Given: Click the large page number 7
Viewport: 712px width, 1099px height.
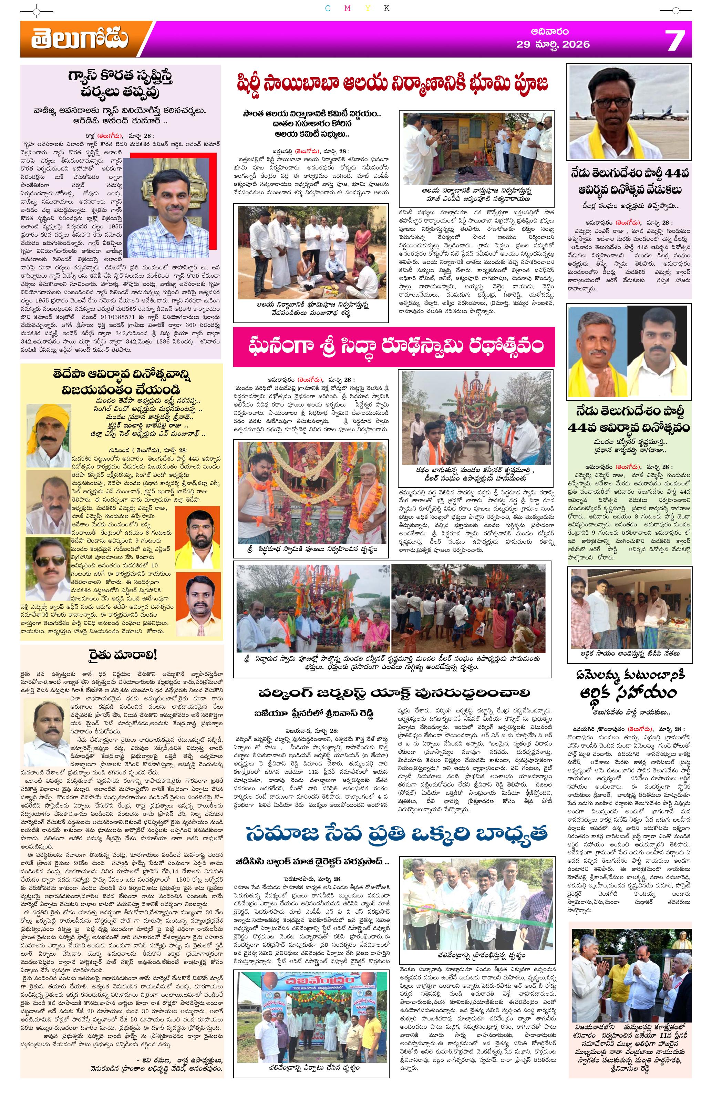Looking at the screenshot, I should pos(674,40).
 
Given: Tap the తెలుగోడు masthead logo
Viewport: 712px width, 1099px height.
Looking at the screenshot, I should pos(80,39).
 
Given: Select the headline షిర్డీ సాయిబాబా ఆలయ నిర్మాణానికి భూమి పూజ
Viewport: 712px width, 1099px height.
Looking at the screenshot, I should pos(393,84).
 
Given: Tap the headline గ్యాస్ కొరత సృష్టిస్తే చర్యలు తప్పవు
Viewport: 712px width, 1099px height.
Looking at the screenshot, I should pos(121,85).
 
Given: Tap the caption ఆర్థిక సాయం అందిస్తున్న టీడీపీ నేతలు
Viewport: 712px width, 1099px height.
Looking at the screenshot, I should pos(630,654).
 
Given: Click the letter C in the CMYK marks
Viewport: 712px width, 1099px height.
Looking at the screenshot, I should pos(327,8).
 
